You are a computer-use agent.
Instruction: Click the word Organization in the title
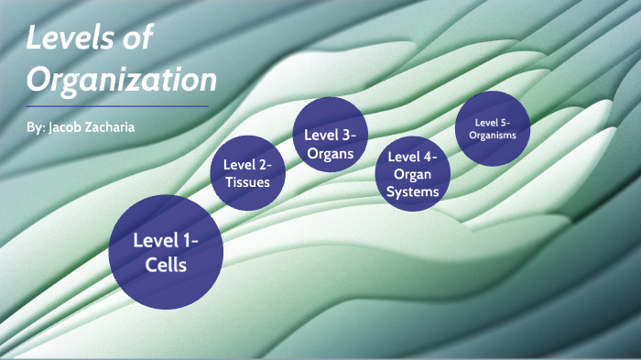click(122, 80)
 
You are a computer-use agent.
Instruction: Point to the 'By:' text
click(38, 127)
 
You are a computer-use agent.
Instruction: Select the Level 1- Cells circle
click(166, 252)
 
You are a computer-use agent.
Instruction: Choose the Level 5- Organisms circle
click(493, 128)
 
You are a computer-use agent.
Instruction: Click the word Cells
click(166, 266)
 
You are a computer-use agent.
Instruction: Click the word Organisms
click(493, 136)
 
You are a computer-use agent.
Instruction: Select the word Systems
click(413, 191)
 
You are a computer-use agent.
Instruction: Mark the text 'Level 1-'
click(166, 241)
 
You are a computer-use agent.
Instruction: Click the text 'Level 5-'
click(493, 122)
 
